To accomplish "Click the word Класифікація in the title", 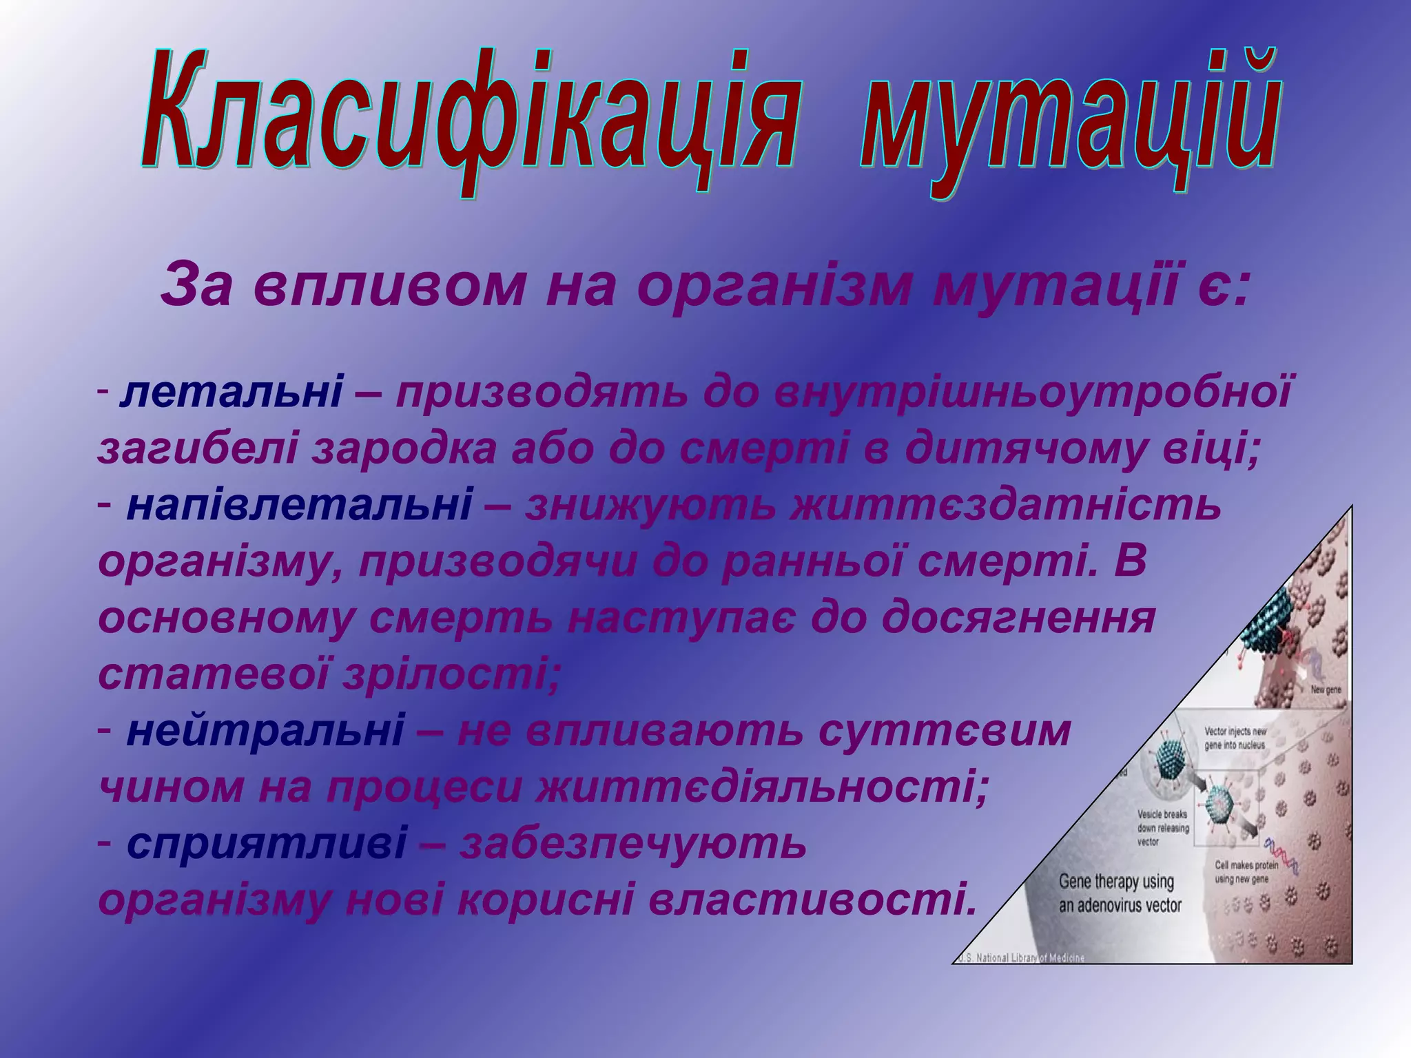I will (x=468, y=114).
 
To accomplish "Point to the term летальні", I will (x=231, y=394).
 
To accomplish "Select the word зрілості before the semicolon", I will (x=448, y=675).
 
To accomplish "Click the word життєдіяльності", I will (x=761, y=787).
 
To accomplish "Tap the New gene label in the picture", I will (x=1325, y=689).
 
